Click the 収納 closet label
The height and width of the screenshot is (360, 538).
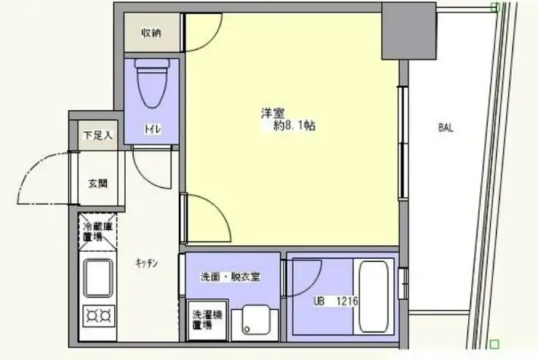pyautogui.click(x=151, y=33)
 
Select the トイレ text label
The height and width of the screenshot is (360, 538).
pyautogui.click(x=152, y=129)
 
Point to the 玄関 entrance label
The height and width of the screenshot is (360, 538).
pyautogui.click(x=98, y=183)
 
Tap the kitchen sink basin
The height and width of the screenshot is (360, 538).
pyautogui.click(x=97, y=279)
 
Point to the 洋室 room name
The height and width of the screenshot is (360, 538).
pyautogui.click(x=273, y=113)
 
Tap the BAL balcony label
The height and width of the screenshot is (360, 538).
pyautogui.click(x=446, y=128)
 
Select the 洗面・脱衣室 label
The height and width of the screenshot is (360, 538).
pyautogui.click(x=231, y=277)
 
